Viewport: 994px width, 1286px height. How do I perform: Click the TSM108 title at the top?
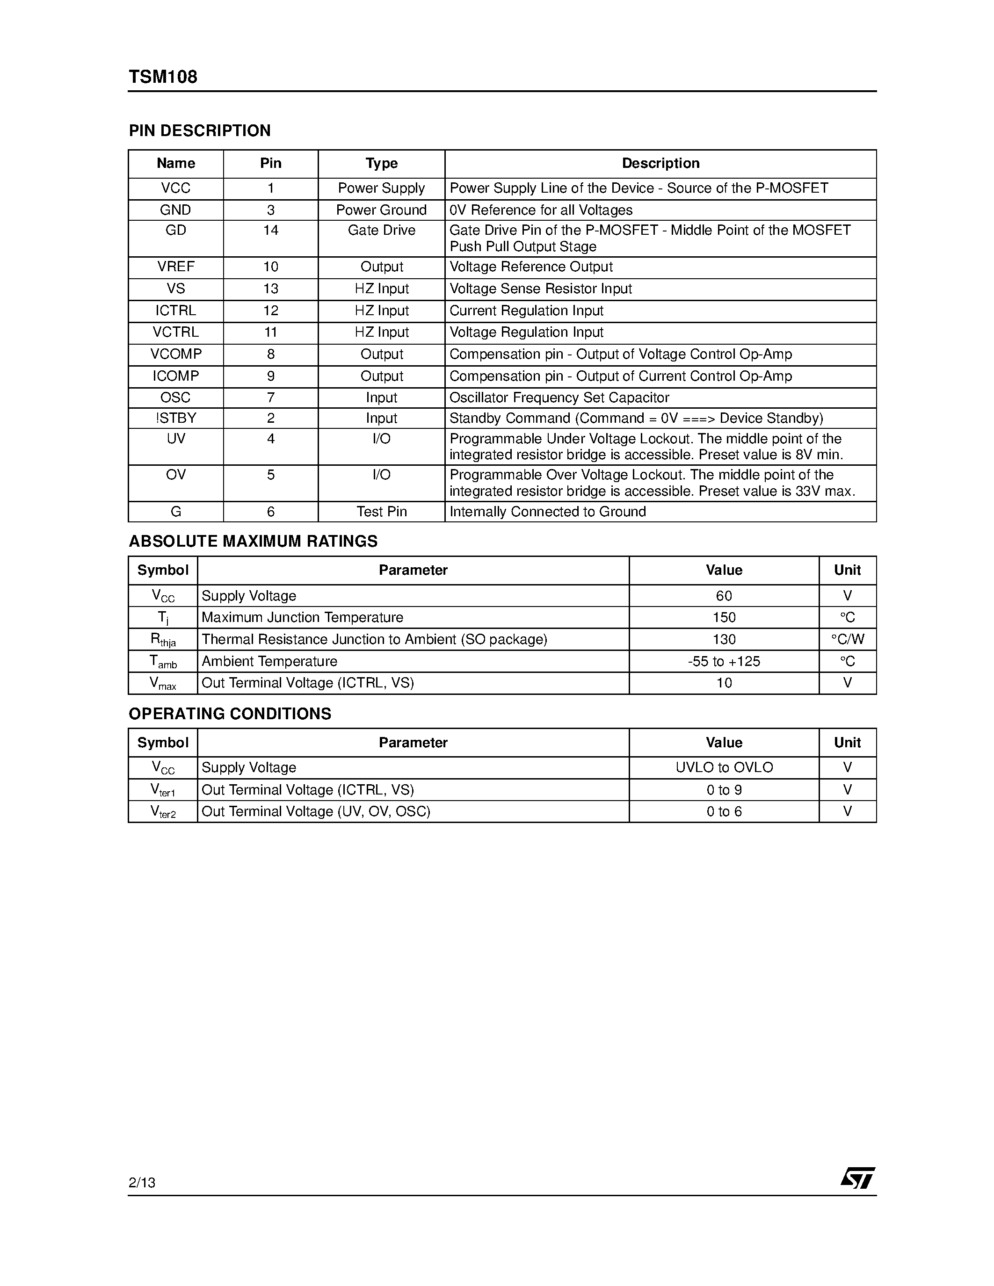tap(163, 77)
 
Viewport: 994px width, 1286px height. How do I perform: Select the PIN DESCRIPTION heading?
tap(200, 131)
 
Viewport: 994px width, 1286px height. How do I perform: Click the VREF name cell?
tap(175, 267)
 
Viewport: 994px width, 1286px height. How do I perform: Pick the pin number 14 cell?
tap(270, 230)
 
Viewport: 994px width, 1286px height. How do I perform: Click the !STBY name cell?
tap(175, 418)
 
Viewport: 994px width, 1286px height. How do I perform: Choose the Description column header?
tap(660, 163)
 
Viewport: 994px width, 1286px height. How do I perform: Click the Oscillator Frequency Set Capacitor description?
tap(559, 397)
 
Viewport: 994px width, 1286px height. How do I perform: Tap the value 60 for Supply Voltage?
tap(724, 596)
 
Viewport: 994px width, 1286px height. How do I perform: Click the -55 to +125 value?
tap(724, 661)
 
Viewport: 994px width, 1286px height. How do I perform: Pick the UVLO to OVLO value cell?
tap(724, 767)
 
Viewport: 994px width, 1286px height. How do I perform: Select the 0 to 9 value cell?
tap(724, 790)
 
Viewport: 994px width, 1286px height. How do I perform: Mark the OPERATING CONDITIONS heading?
tap(230, 714)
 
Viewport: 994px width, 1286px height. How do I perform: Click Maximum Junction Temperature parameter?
tap(302, 617)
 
